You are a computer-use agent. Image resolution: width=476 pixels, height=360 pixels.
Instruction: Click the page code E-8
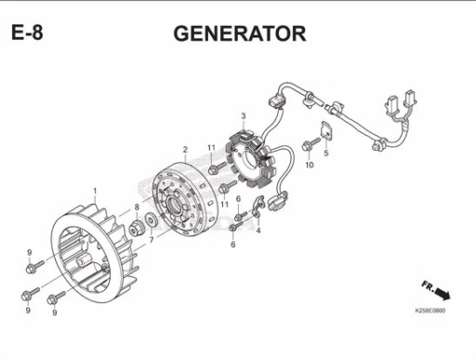(x=27, y=33)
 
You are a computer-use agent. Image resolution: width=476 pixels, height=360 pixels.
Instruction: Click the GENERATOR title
(x=240, y=33)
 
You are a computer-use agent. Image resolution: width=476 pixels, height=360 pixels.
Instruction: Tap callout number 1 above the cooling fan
(x=95, y=191)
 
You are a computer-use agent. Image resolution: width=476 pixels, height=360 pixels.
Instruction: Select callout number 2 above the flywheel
(x=185, y=150)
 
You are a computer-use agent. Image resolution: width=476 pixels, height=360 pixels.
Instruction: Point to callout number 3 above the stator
(x=244, y=116)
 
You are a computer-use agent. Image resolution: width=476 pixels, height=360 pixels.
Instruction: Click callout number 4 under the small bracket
(x=258, y=230)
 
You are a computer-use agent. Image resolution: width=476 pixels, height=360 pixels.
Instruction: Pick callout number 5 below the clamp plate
(x=326, y=153)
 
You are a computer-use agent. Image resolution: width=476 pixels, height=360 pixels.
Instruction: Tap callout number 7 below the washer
(x=152, y=240)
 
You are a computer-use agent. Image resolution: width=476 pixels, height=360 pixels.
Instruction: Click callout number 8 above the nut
(x=137, y=207)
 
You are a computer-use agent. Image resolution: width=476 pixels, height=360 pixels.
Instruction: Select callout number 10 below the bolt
(x=310, y=165)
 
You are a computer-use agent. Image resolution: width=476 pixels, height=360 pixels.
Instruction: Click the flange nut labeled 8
(x=137, y=229)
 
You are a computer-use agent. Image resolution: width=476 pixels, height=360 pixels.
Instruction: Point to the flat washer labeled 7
(x=152, y=220)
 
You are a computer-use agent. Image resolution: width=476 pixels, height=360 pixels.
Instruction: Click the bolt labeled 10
(x=311, y=144)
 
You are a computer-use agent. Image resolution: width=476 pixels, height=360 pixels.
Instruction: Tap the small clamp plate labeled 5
(x=325, y=130)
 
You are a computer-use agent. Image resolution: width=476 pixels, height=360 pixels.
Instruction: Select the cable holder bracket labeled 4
(x=258, y=206)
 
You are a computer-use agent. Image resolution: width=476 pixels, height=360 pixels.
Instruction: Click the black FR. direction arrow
(x=443, y=294)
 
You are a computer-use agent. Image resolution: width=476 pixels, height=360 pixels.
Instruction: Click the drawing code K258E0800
(x=430, y=311)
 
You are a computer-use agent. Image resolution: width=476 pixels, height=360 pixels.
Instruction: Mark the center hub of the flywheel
(x=174, y=204)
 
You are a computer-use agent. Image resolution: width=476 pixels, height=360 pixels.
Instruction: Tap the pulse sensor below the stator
(x=278, y=201)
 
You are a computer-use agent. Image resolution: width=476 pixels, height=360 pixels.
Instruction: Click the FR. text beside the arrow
(x=428, y=287)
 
